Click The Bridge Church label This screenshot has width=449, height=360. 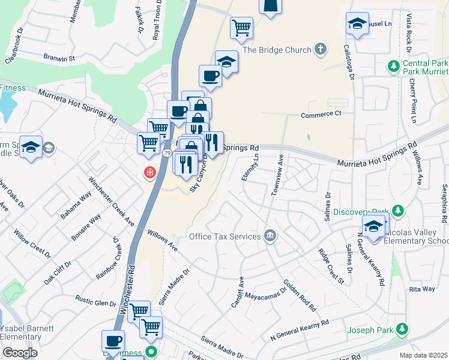coord(277,50)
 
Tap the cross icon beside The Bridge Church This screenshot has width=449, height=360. coord(321,49)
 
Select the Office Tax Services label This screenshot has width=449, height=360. coord(224,236)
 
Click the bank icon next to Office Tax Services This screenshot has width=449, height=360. coord(270,236)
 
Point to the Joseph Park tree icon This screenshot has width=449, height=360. coord(402,329)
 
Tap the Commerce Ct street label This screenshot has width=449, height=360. coord(321,113)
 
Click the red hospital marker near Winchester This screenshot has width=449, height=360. coord(149,173)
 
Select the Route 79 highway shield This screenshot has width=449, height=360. coord(167,154)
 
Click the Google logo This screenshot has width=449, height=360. coord(20,352)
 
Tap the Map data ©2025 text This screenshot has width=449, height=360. coord(423,355)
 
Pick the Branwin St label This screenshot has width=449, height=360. coord(58,58)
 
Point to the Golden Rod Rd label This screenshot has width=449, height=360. coord(300,296)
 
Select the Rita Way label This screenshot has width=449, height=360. coord(421,289)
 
